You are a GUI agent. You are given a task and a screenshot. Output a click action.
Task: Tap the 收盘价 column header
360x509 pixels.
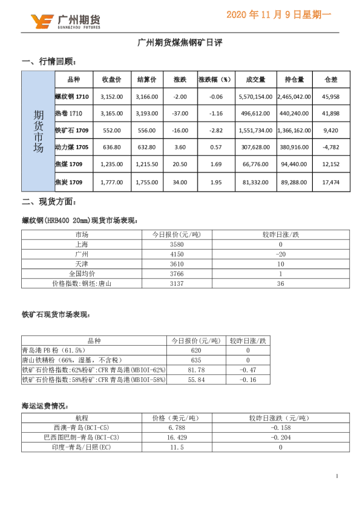(x=112, y=79)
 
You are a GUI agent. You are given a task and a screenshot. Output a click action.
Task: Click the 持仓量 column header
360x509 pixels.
(x=294, y=79)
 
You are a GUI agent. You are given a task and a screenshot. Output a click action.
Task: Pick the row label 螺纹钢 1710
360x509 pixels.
(x=72, y=96)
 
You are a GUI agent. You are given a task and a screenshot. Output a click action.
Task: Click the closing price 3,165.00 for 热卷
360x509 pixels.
(x=112, y=113)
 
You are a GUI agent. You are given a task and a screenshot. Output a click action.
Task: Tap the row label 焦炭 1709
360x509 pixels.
(x=68, y=181)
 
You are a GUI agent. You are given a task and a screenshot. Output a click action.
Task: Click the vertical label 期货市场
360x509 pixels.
(x=38, y=131)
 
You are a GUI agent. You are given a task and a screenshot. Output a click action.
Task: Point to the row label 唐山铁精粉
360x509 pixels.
(x=63, y=360)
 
